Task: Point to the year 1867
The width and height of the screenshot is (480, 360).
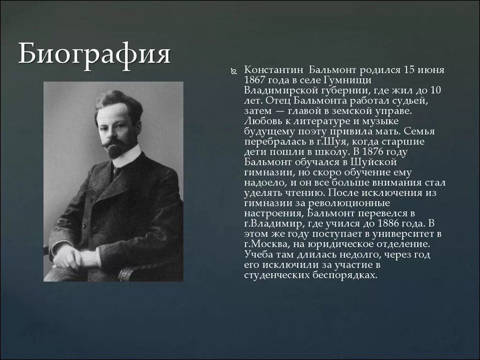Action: tap(255, 80)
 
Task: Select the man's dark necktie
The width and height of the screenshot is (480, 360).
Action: tap(114, 172)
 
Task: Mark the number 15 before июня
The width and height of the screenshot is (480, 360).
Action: tap(409, 70)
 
